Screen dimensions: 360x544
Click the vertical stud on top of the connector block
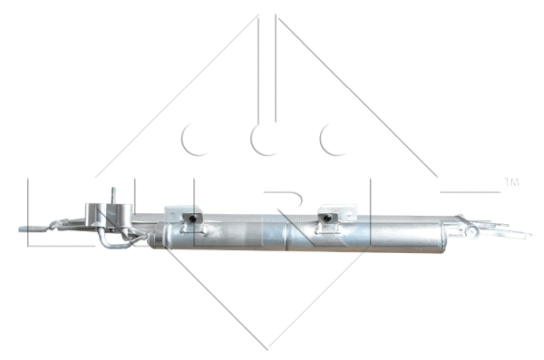click(x=114, y=195)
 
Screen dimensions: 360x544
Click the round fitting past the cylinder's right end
click(x=471, y=230)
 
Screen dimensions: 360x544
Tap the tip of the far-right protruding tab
click(x=528, y=235)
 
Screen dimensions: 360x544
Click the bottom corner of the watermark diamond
click(x=268, y=348)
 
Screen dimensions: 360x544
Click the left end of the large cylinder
click(x=152, y=238)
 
